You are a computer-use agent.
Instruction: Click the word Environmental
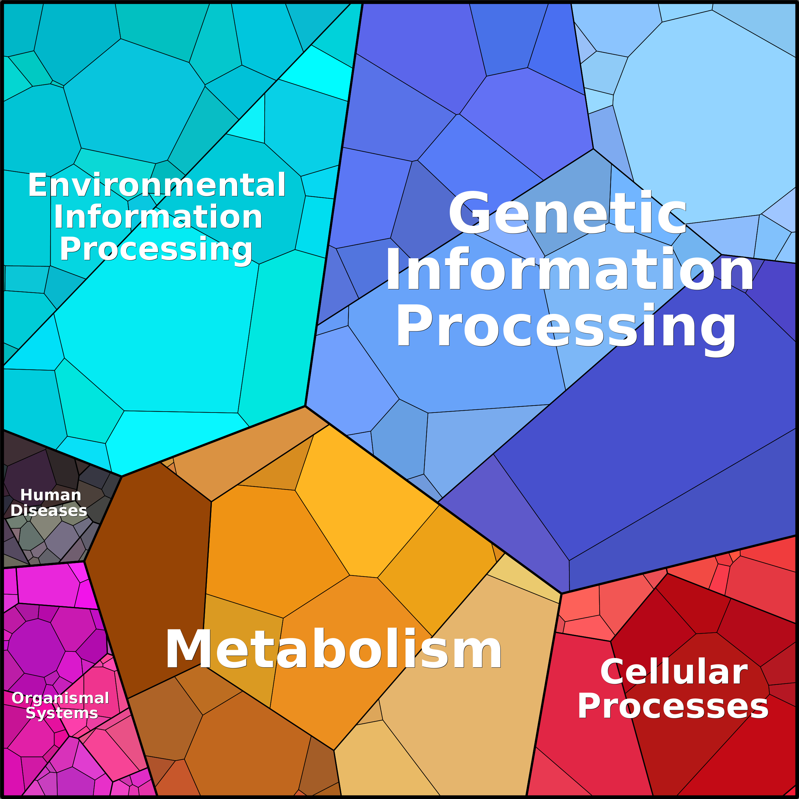click(x=157, y=185)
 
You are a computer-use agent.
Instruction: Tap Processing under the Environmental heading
click(x=156, y=249)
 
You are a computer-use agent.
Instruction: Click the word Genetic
click(x=567, y=213)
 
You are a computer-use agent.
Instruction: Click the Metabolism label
click(x=333, y=649)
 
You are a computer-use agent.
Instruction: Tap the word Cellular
click(x=674, y=672)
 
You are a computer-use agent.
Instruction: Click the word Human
click(x=51, y=495)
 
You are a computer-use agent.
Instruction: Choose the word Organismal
click(x=60, y=698)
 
